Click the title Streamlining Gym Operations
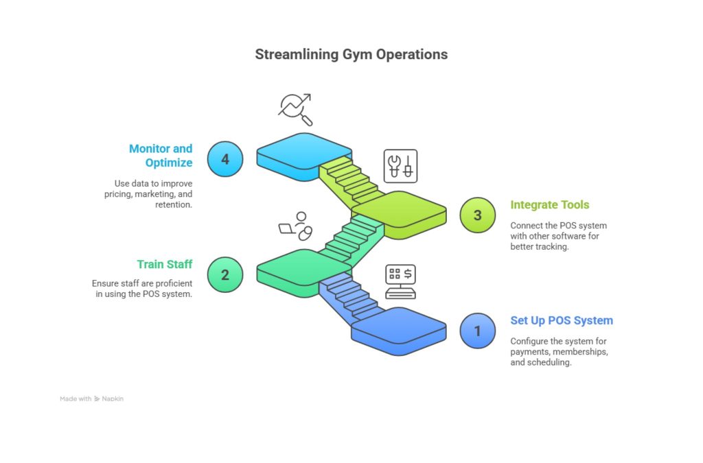pyautogui.click(x=351, y=54)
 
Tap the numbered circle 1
pyautogui.click(x=478, y=331)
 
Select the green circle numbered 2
pyautogui.click(x=225, y=275)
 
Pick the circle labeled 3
pyautogui.click(x=478, y=215)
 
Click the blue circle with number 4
pyautogui.click(x=225, y=159)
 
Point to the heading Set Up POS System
pyautogui.click(x=562, y=320)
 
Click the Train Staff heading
pyautogui.click(x=164, y=264)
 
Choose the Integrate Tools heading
pyautogui.click(x=549, y=204)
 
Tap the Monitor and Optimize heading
pyautogui.click(x=161, y=156)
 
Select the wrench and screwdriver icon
pyautogui.click(x=400, y=166)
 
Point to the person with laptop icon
pyautogui.click(x=297, y=226)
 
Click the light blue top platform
pyautogui.click(x=302, y=152)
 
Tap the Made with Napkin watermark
pyautogui.click(x=91, y=399)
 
